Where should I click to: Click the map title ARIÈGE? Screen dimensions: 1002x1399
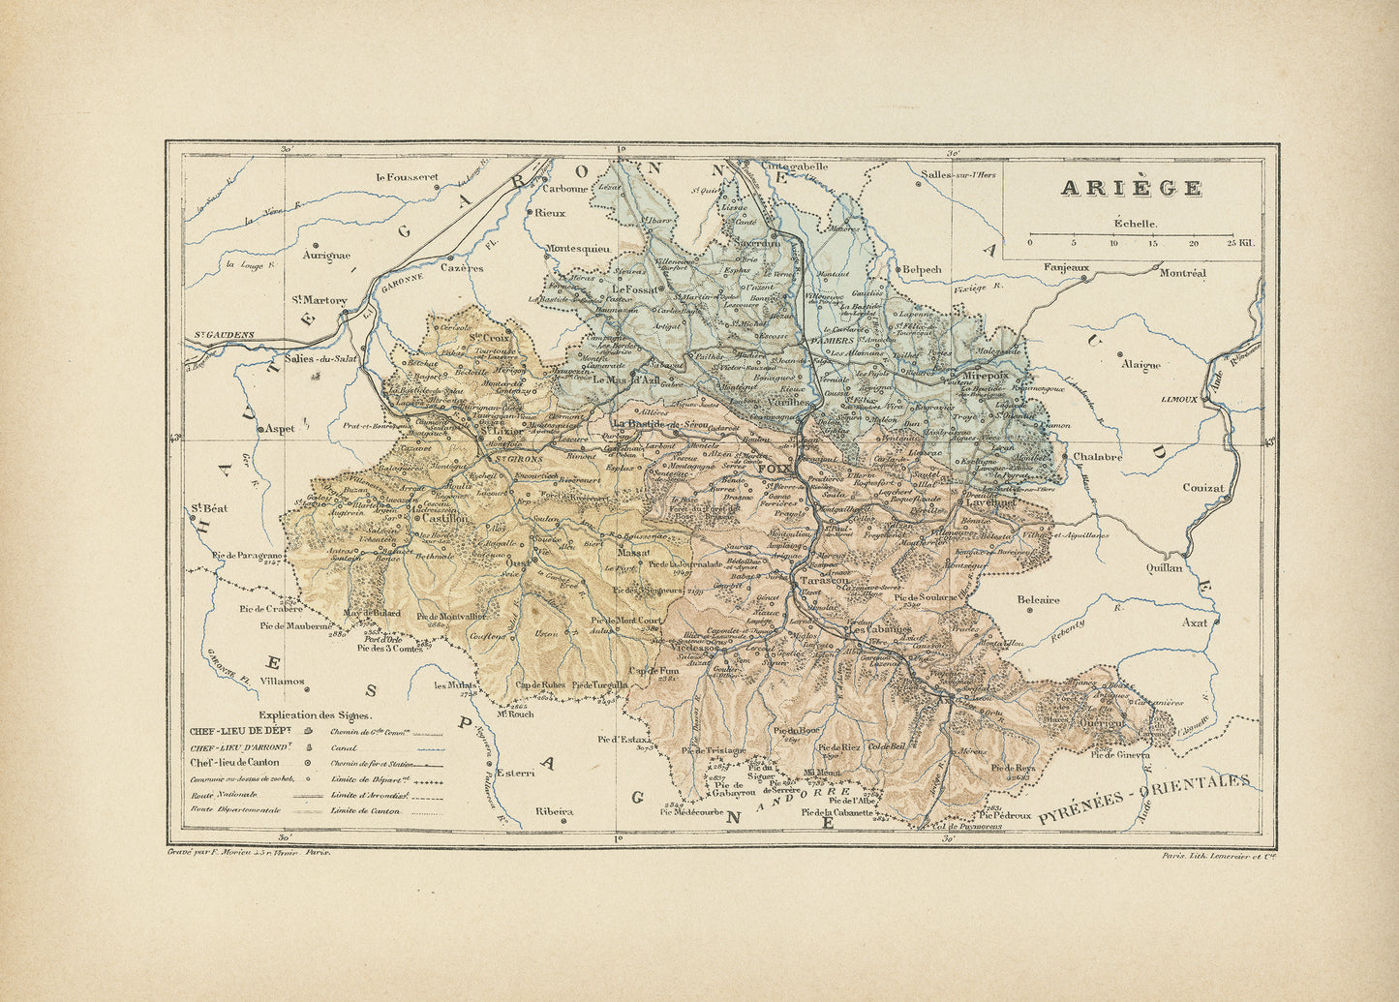[x=1131, y=188]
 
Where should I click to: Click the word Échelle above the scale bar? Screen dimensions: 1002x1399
[x=1135, y=223]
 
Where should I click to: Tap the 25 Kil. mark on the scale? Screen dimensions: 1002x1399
[x=1239, y=243]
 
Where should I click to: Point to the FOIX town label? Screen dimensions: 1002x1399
[x=776, y=470]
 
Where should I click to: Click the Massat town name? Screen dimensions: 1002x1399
[x=634, y=552]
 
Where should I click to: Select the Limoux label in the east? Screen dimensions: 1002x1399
[x=1180, y=399]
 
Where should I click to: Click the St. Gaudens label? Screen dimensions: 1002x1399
[x=224, y=335]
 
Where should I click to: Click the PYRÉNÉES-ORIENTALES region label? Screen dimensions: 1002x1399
[x=1143, y=800]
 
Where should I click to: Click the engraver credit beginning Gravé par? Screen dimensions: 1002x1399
[x=250, y=854]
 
